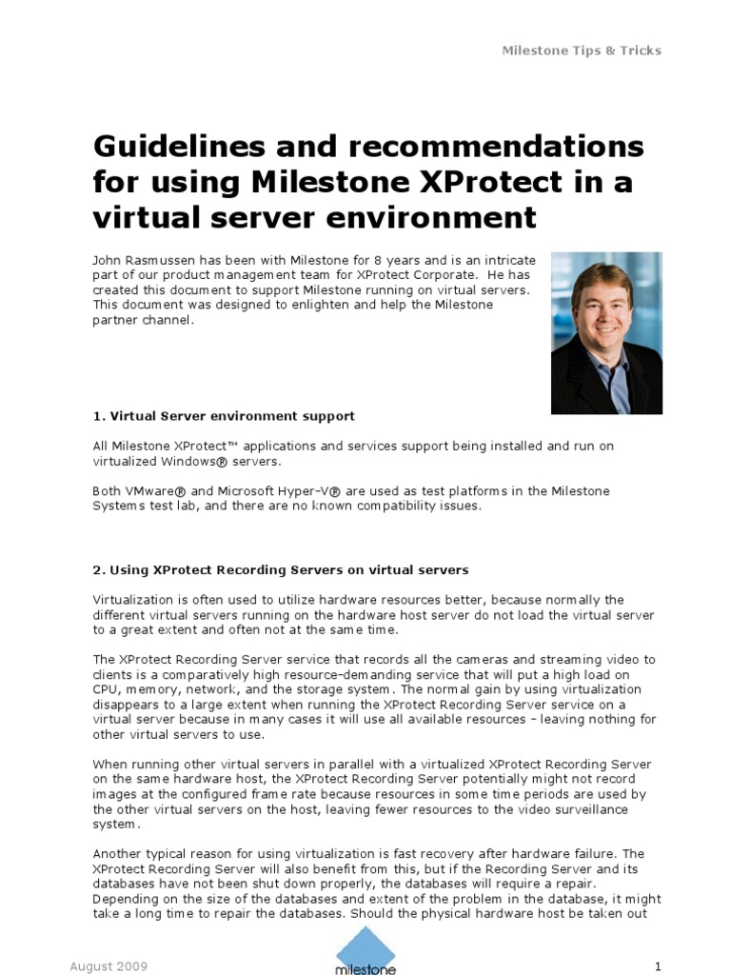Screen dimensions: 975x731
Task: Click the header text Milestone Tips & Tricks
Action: [581, 50]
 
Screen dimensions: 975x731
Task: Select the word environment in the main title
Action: [432, 218]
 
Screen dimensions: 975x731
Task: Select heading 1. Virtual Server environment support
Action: [224, 416]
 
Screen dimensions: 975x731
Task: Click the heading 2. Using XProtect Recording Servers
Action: [281, 570]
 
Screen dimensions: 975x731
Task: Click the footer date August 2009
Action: [109, 966]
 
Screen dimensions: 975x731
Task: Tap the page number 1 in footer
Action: [657, 966]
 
